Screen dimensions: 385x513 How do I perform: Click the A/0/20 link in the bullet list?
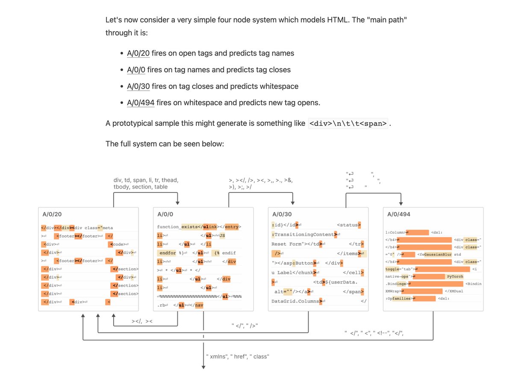tap(138, 53)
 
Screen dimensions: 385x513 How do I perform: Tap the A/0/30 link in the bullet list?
tap(138, 86)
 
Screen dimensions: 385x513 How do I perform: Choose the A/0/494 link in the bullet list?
tap(141, 103)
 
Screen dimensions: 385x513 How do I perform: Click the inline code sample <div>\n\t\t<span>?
tap(348, 124)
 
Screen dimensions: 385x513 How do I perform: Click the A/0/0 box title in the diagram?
tap(165, 214)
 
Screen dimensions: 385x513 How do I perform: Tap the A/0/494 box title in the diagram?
tap(399, 214)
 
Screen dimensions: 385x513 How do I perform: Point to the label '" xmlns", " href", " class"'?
tap(238, 356)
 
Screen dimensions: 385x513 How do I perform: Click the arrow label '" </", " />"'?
tap(244, 326)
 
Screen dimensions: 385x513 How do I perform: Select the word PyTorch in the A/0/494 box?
tap(455, 277)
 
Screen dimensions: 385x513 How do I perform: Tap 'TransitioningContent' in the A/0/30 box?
tap(304, 234)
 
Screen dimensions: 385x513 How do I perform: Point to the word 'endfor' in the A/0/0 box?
tap(168, 252)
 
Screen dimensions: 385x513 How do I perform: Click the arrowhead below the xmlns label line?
tap(203, 367)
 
